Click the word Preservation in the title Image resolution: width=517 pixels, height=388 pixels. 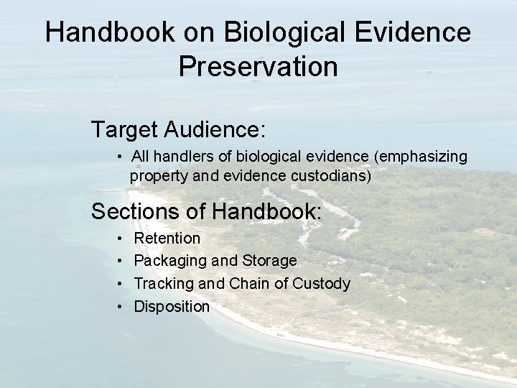258,66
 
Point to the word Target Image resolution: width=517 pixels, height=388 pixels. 124,130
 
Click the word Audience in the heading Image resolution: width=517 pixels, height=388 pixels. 215,130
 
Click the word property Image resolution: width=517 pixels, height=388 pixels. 157,175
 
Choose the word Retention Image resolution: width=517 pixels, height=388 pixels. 167,238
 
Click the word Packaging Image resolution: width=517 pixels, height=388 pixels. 169,261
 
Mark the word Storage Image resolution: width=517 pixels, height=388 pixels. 269,261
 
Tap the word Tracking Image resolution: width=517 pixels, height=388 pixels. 164,284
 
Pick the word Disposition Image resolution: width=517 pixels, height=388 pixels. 172,307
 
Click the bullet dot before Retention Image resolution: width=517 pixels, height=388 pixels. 118,238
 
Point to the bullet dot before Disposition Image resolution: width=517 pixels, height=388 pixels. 118,307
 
